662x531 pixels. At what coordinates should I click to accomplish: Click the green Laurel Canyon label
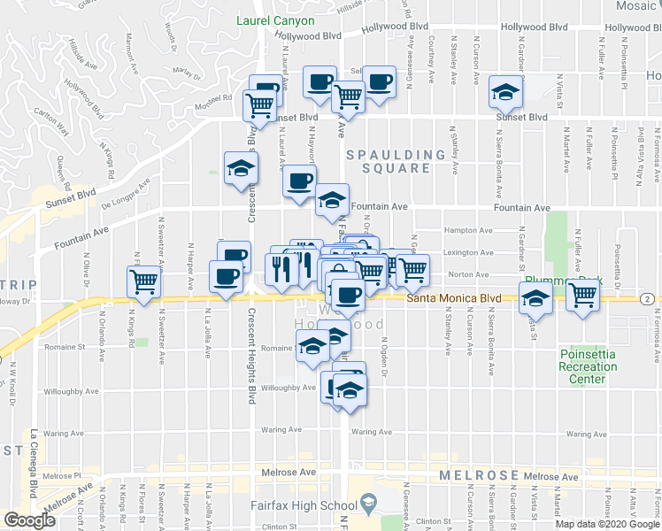click(275, 19)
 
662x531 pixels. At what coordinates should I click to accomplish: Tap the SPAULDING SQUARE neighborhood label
click(395, 163)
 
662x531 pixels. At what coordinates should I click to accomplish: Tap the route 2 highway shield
click(648, 299)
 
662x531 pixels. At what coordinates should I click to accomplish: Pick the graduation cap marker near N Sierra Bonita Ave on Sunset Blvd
click(504, 92)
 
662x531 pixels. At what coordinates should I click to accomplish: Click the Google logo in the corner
click(30, 519)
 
